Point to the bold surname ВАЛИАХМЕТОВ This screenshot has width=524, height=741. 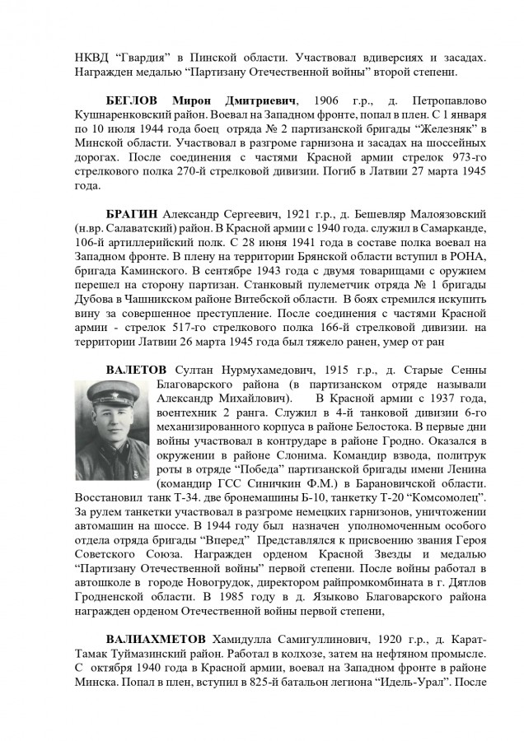(x=156, y=641)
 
